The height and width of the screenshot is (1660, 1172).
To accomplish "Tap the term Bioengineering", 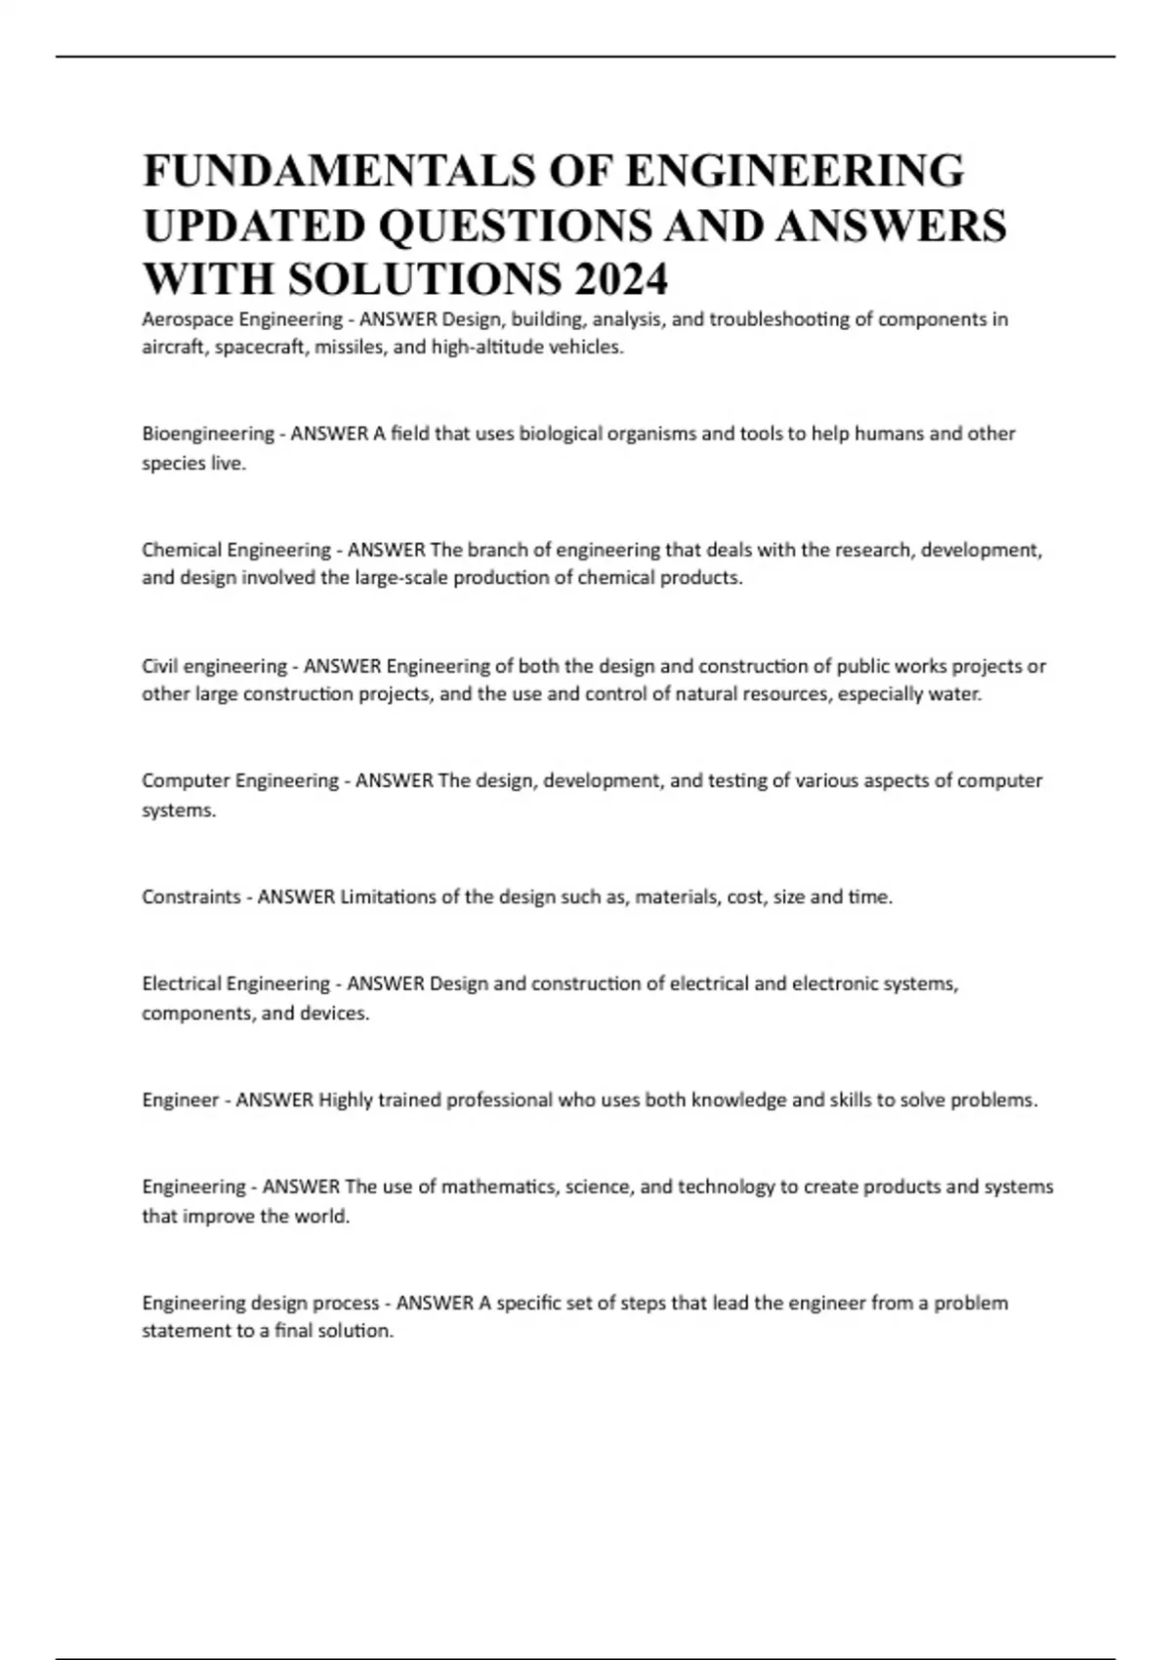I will (x=208, y=434).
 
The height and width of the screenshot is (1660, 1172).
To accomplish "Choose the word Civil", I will (x=159, y=667).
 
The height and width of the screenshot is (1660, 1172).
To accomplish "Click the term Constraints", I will (x=190, y=897).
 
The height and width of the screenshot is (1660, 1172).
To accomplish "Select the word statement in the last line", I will (x=185, y=1332).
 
